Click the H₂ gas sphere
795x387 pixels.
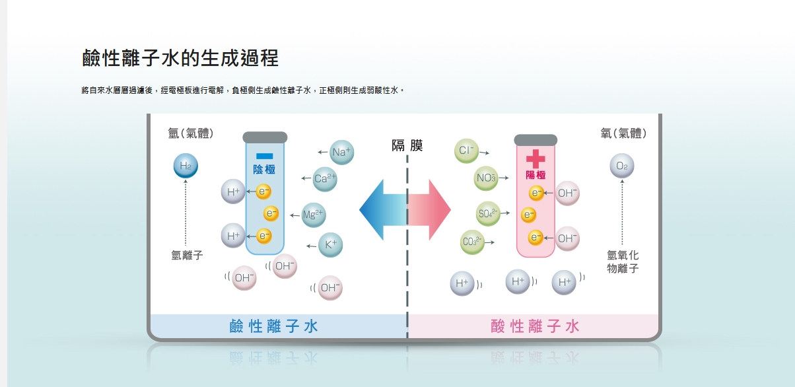[186, 166]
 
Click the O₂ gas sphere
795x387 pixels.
[622, 166]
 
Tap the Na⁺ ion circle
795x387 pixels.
[342, 152]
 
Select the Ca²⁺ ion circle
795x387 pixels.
[325, 178]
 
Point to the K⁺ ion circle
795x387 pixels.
[331, 245]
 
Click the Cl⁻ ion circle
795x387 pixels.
[467, 151]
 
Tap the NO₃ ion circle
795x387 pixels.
[487, 178]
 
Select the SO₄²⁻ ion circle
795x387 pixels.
[488, 214]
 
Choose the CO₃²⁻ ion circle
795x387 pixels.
[473, 242]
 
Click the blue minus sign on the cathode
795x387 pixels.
[264, 156]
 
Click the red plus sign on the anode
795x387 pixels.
[536, 158]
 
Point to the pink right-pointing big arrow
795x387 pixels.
[431, 210]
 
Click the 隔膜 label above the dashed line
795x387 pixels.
[407, 145]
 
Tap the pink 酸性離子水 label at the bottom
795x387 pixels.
[536, 326]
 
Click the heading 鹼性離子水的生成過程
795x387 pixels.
[180, 58]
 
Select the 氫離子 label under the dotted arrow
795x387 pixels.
[187, 256]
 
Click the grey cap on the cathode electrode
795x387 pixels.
[265, 137]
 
